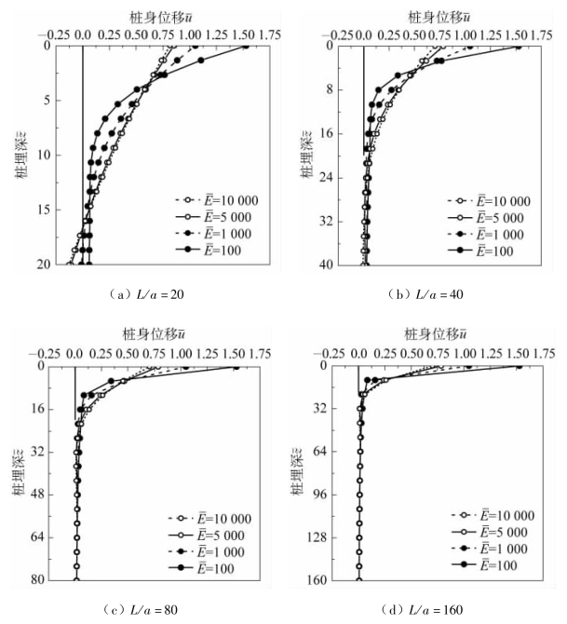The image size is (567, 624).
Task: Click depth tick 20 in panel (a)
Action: click(x=43, y=266)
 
